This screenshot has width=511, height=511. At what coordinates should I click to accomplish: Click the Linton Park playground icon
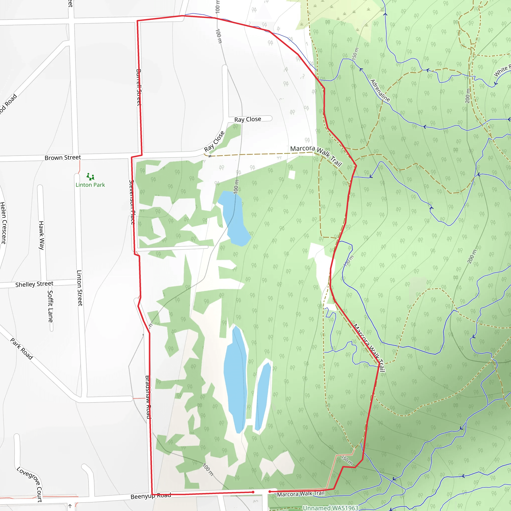[90, 176]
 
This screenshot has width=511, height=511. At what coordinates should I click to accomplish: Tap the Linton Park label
[90, 185]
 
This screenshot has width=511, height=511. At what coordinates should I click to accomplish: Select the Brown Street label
[63, 158]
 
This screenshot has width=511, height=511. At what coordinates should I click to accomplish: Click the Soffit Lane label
[50, 306]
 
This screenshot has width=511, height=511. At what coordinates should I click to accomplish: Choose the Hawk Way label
[41, 235]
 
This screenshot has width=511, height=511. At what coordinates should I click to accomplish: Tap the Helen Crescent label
[3, 222]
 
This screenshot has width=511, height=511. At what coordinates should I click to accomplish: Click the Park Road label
[22, 349]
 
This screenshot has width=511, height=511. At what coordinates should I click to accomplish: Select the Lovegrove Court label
[30, 484]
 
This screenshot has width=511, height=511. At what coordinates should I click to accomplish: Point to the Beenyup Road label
[151, 496]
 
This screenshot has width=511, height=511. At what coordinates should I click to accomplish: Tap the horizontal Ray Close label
[248, 119]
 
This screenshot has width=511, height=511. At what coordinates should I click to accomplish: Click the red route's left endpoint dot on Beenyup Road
[253, 492]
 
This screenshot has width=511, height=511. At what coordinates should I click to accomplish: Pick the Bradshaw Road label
[148, 397]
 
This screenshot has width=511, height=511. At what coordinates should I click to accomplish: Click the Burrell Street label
[138, 87]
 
